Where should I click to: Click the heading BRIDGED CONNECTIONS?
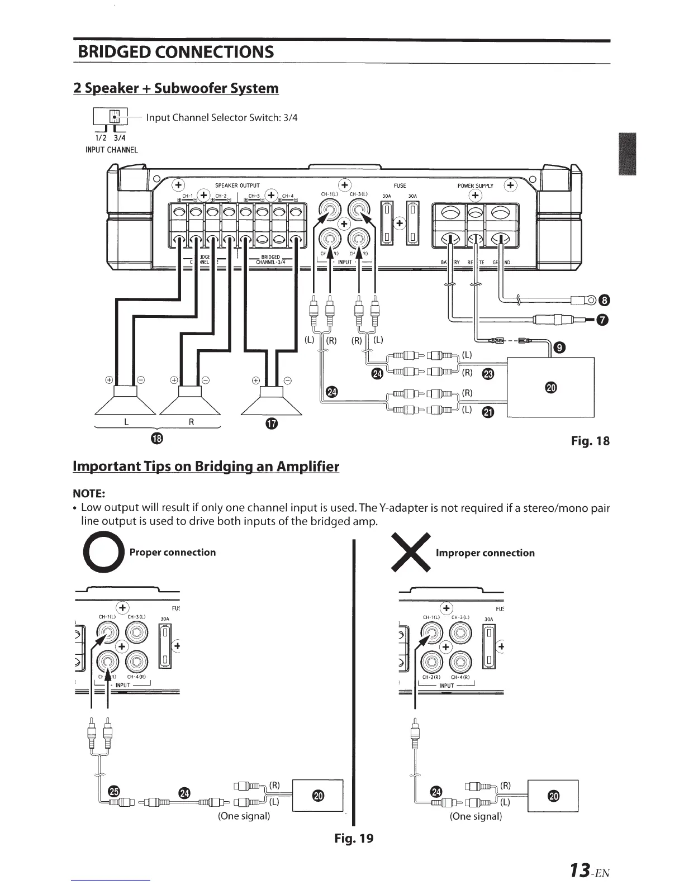point(176,52)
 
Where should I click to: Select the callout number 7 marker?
point(601,320)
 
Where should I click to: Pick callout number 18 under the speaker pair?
point(158,437)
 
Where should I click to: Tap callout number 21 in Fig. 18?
point(487,412)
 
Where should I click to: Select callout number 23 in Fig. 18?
point(487,374)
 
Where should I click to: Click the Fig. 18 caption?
point(590,441)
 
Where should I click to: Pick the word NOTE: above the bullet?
point(89,493)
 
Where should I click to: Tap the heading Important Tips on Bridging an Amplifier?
point(206,467)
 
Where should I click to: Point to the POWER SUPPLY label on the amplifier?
point(475,185)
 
